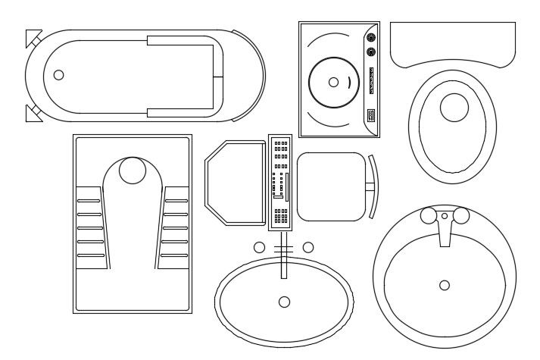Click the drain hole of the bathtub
[59, 75]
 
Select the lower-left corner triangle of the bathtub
[33, 114]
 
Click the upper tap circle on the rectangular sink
[371, 36]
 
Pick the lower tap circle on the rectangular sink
[371, 52]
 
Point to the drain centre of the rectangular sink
[333, 82]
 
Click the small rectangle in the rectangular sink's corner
[371, 115]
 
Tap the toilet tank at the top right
[453, 43]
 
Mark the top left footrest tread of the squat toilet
[89, 201]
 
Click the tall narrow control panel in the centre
[280, 183]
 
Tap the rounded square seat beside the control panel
[331, 186]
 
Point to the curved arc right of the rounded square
[375, 186]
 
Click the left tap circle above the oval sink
[259, 247]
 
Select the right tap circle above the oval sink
[307, 247]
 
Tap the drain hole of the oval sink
[284, 302]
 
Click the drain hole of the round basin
[445, 285]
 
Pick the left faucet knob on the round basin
[429, 217]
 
